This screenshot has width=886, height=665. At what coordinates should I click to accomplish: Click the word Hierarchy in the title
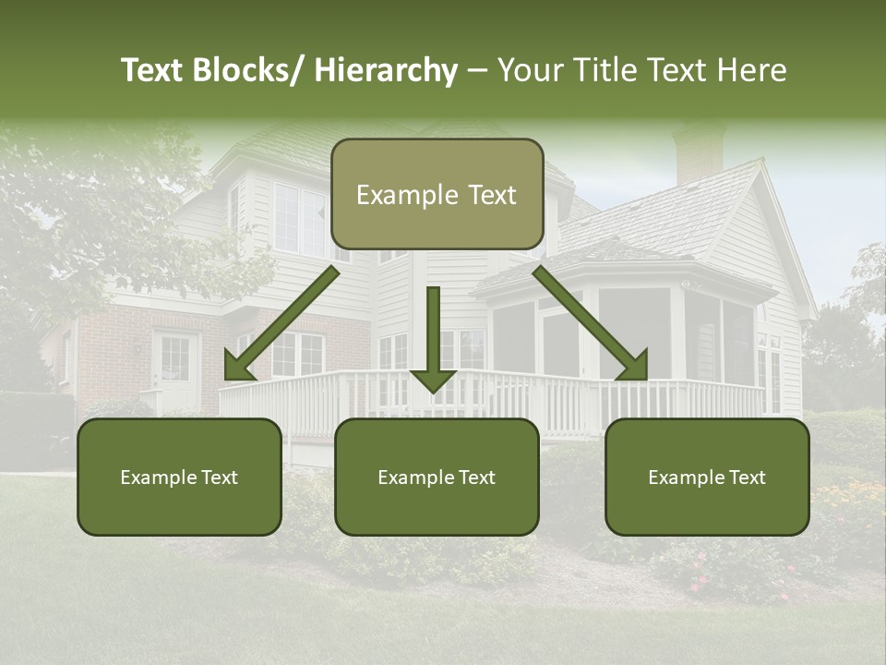point(386,71)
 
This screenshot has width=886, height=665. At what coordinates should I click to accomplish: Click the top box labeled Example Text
point(437,195)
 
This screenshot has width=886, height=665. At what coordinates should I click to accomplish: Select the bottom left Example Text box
point(179,478)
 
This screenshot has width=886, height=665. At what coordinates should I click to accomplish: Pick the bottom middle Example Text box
point(437,478)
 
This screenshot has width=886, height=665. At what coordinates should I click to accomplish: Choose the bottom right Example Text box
point(707,478)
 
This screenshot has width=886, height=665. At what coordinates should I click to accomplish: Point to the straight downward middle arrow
point(433,337)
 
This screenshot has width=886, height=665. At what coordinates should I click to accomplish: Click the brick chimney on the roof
point(698,155)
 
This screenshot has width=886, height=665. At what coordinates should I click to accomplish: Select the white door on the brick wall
point(174,370)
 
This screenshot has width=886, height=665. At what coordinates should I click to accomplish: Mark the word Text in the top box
point(490,195)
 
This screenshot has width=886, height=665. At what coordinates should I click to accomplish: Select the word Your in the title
point(527,71)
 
